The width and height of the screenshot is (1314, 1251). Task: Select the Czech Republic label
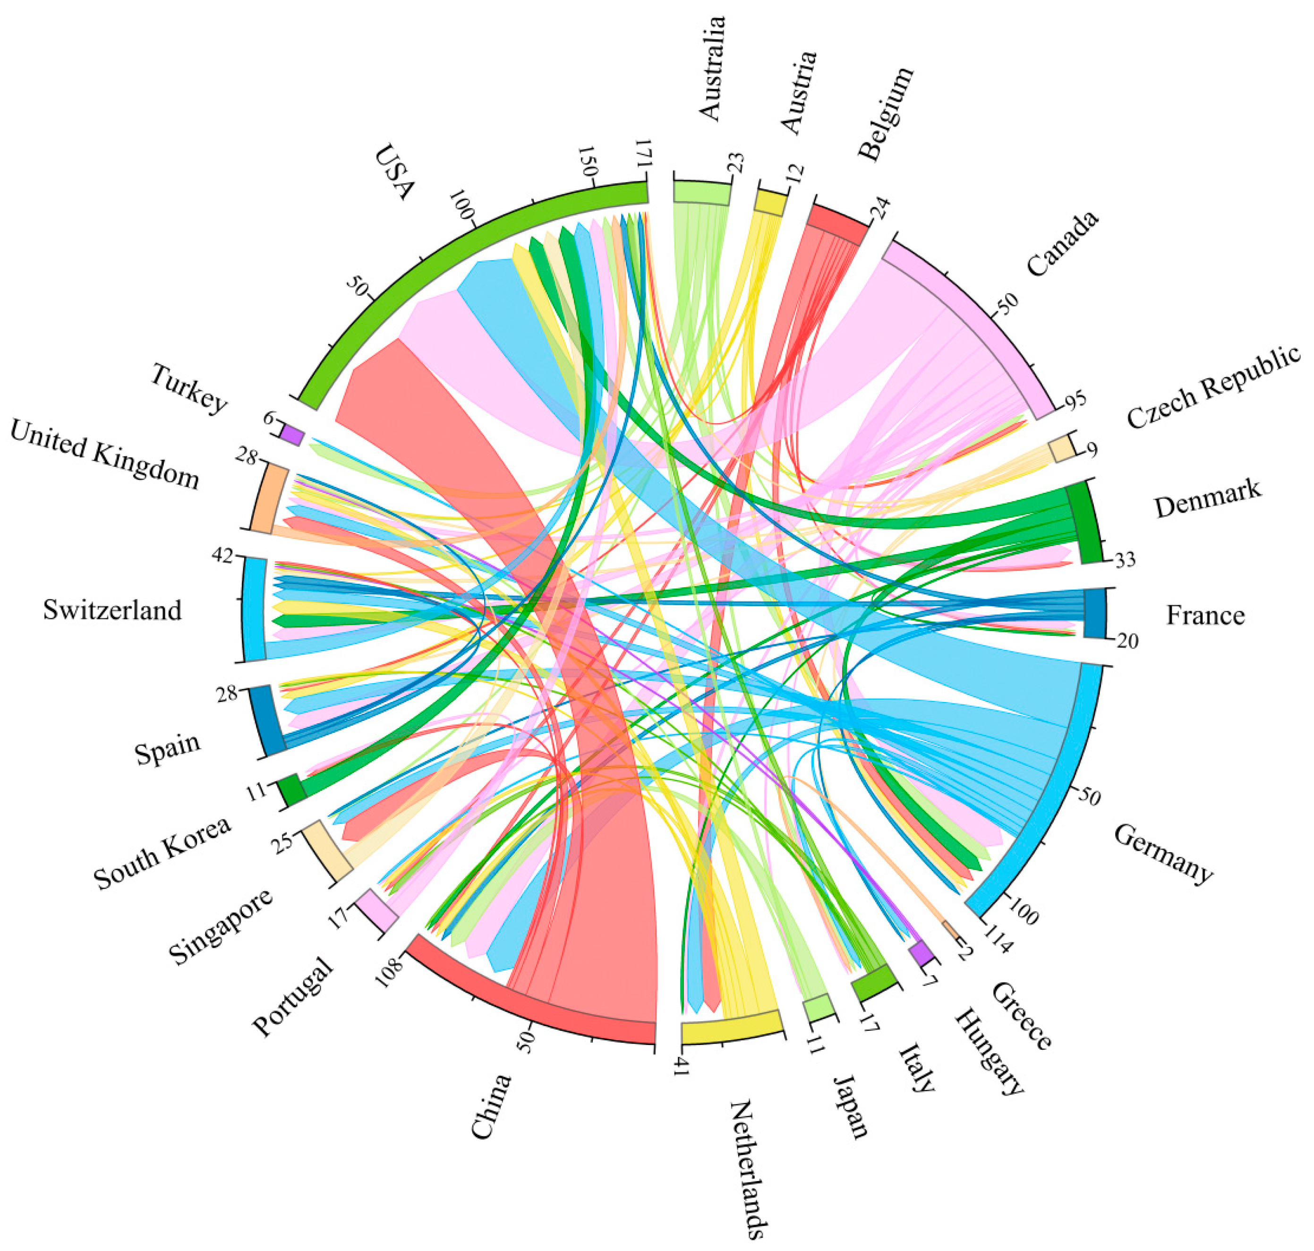click(x=1213, y=387)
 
